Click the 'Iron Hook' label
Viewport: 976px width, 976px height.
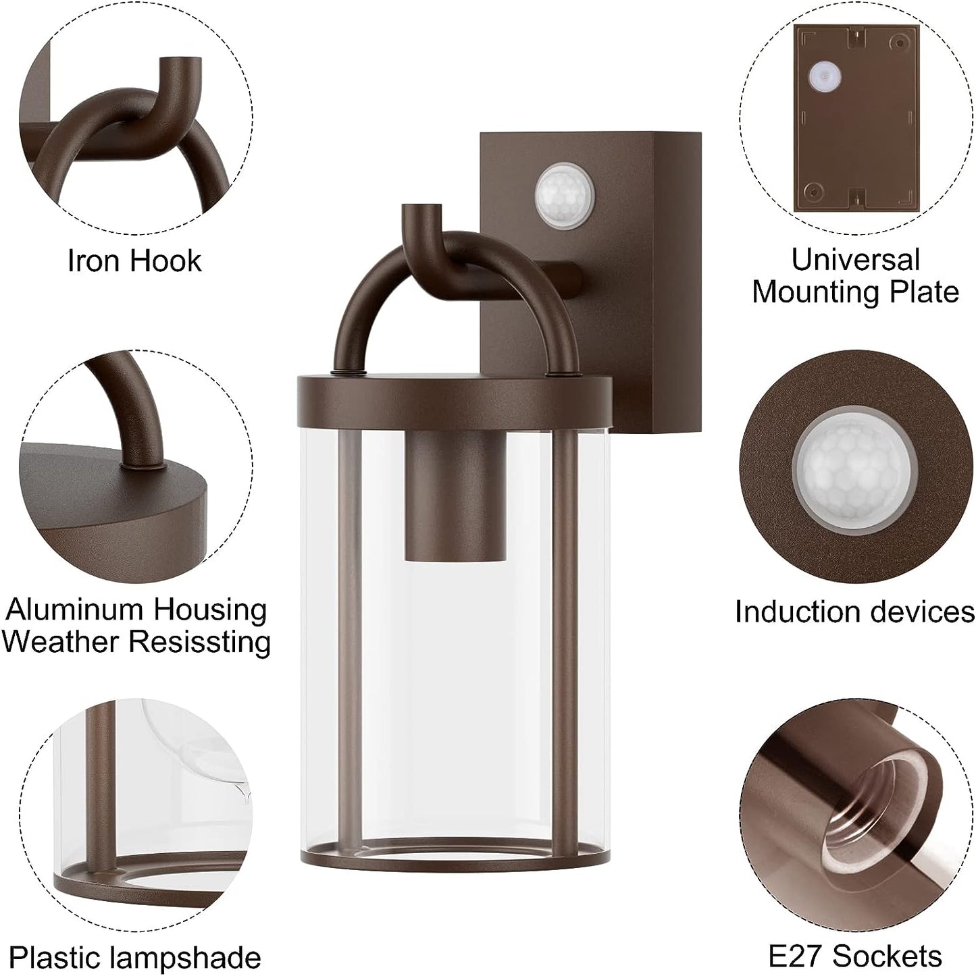click(135, 261)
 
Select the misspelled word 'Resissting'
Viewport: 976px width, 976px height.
click(200, 642)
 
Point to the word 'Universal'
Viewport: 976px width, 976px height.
click(856, 259)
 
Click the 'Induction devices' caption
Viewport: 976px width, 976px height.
click(855, 612)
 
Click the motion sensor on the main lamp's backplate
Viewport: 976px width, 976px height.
click(565, 196)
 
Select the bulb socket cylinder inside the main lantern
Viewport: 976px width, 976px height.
click(456, 496)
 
